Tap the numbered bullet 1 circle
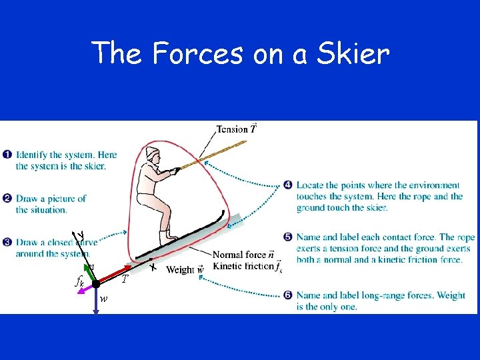click(7, 155)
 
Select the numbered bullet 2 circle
click(7, 198)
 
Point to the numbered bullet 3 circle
click(7, 241)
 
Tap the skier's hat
click(152, 153)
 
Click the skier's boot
click(167, 236)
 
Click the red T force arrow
click(114, 275)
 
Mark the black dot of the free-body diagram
click(96, 284)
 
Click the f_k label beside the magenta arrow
click(79, 282)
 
